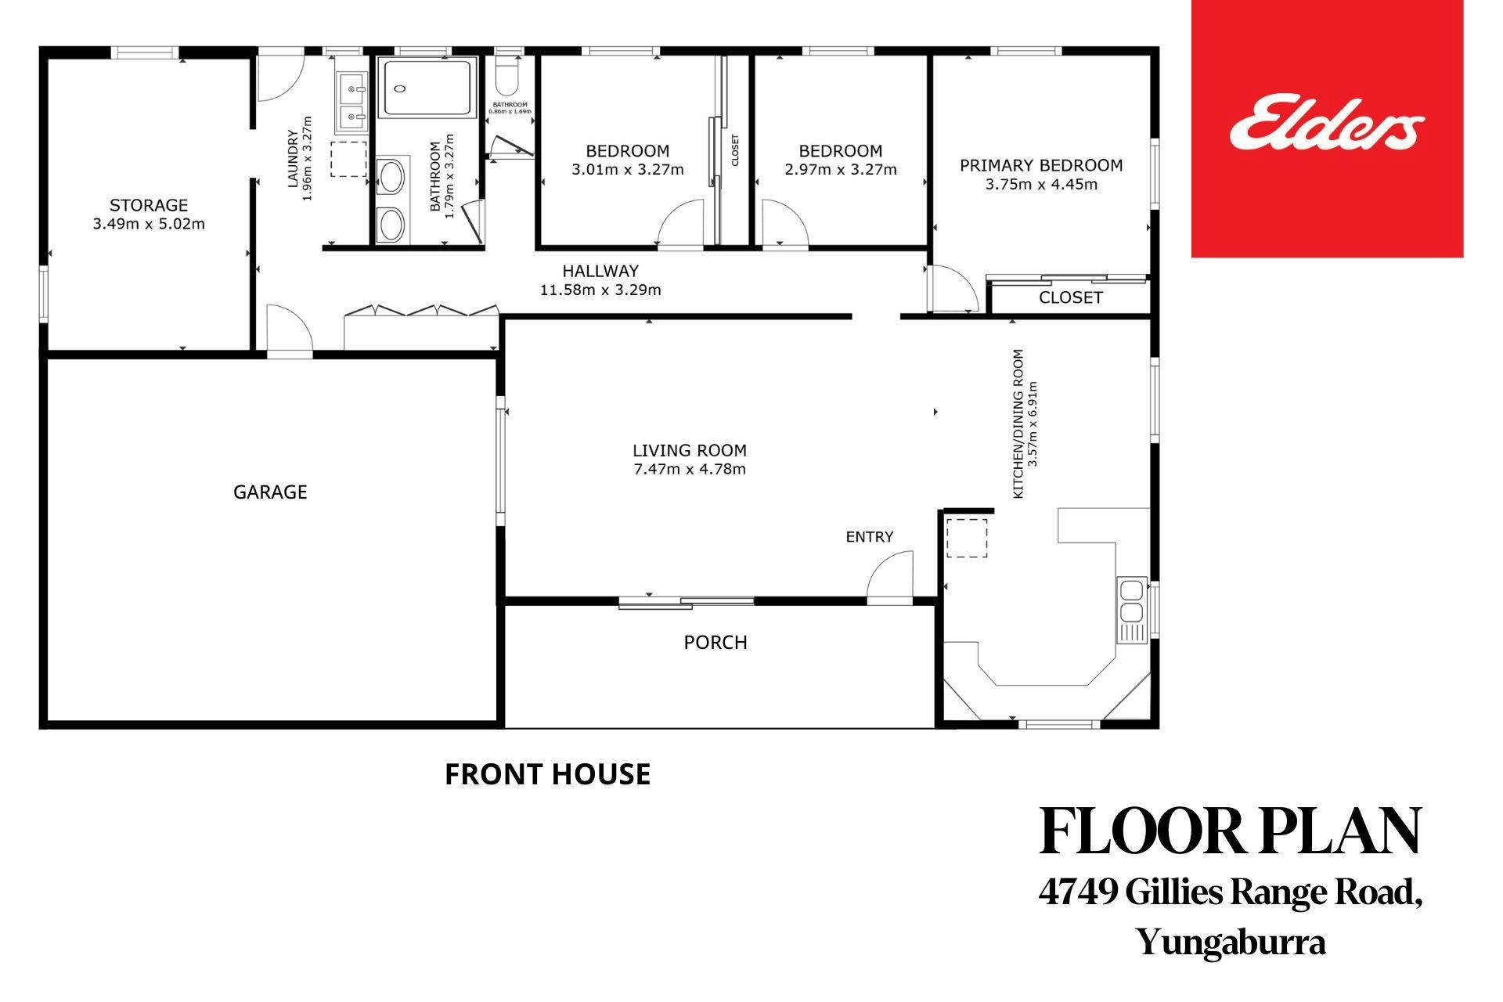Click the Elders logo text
tap(1327, 124)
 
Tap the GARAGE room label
tap(270, 492)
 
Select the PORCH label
tap(715, 642)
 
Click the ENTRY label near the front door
tap(869, 536)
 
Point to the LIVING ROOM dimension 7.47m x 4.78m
tap(690, 470)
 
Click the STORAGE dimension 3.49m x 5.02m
tap(149, 224)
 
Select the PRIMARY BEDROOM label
tap(1041, 165)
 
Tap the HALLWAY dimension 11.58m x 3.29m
tap(600, 290)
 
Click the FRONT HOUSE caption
tap(547, 774)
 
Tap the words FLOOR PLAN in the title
tap(1231, 831)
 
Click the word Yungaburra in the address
tap(1231, 943)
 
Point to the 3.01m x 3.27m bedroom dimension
tap(628, 169)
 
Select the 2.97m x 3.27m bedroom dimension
tap(841, 169)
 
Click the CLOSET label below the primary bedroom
tap(1070, 297)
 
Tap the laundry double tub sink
tap(352, 102)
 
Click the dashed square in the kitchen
tap(968, 537)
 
